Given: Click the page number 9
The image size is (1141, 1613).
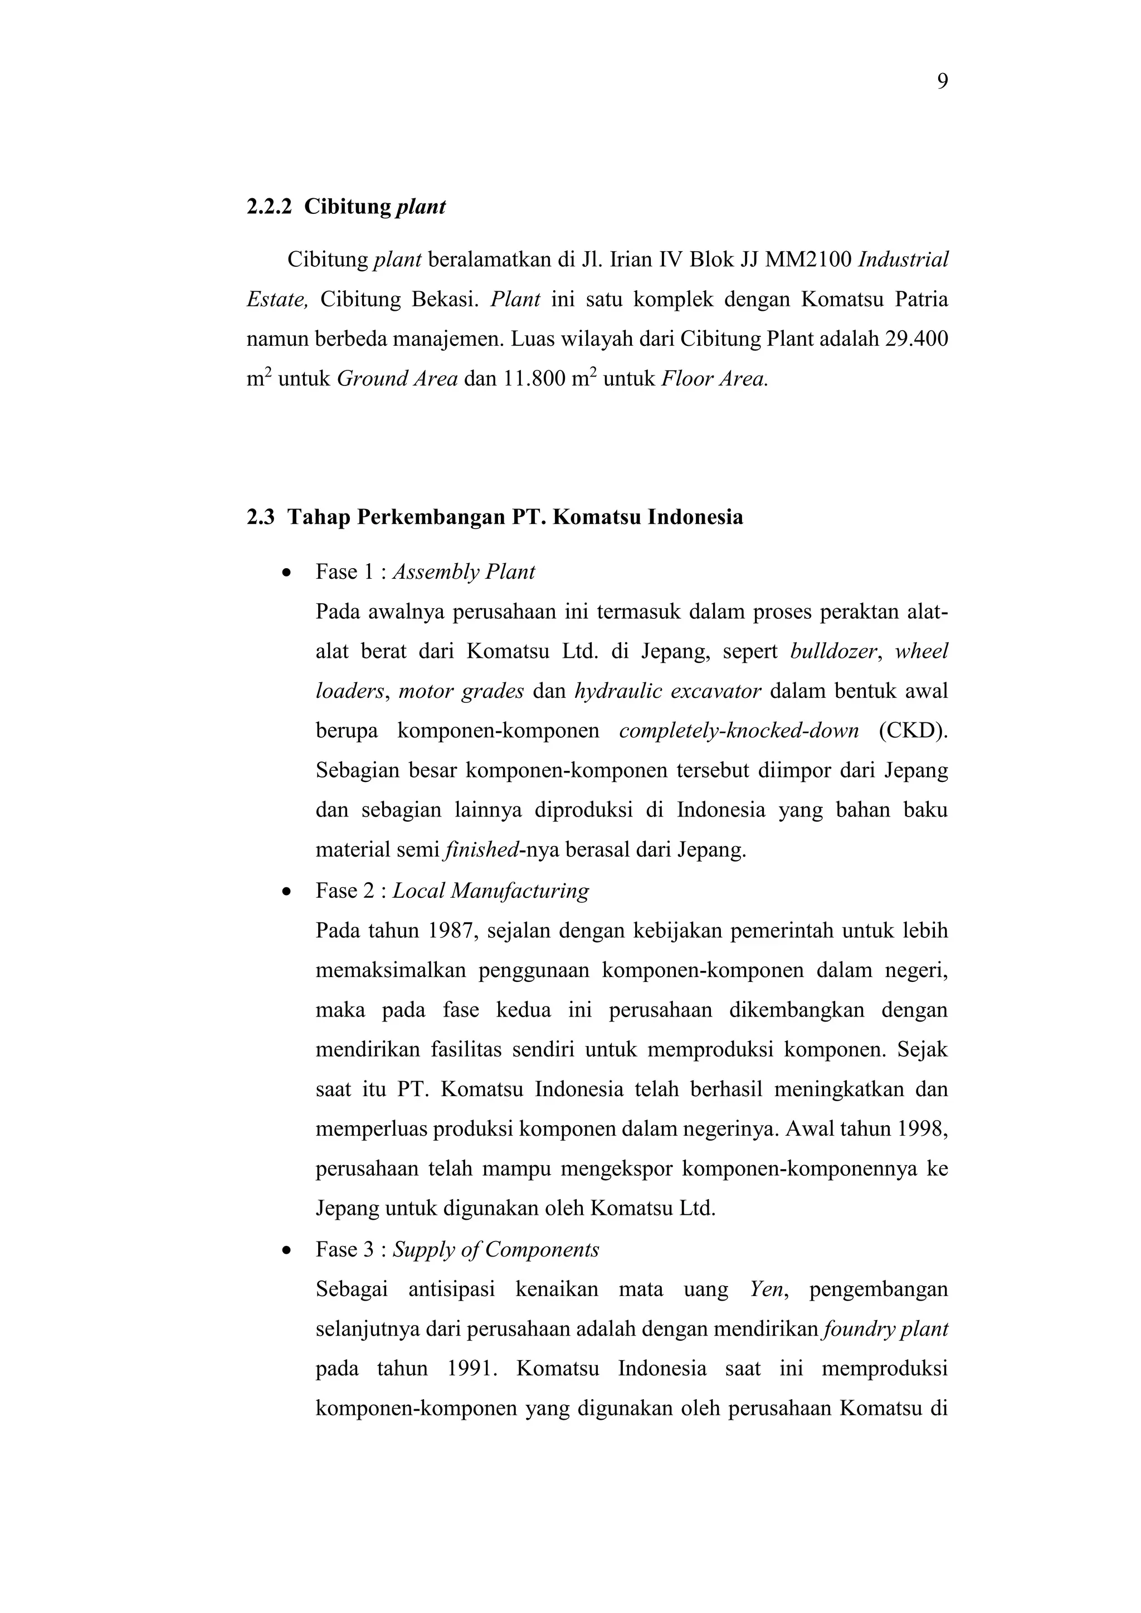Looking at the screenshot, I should (x=942, y=82).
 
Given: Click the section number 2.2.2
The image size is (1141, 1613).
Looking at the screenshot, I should (x=269, y=207).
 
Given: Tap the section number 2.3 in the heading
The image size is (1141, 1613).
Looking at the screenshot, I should (x=260, y=518).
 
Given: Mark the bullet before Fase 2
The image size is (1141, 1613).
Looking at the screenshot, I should (x=285, y=892).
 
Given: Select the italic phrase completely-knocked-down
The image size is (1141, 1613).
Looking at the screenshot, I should (x=738, y=731).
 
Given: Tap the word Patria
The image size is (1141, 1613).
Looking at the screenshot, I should (x=921, y=300).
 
